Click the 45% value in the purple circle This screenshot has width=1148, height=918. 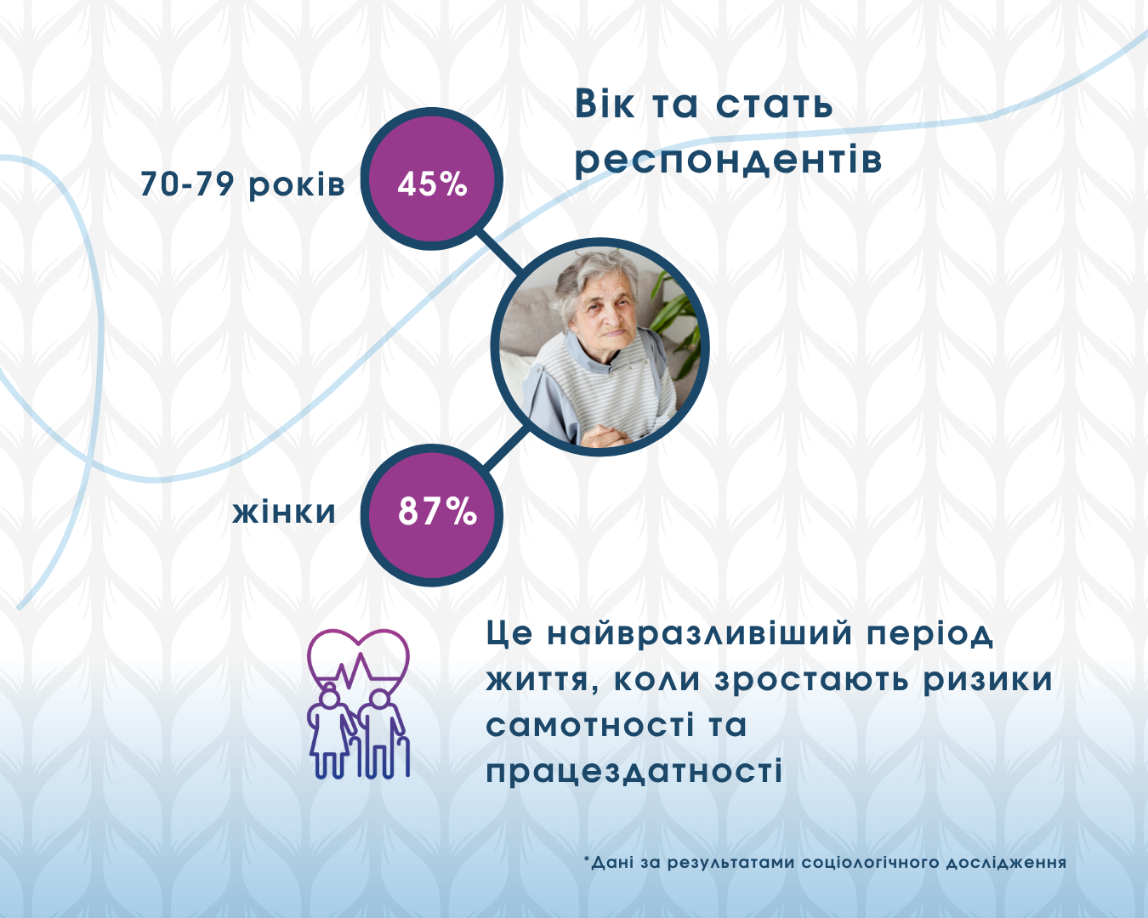click(x=432, y=184)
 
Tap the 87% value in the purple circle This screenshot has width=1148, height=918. click(x=437, y=511)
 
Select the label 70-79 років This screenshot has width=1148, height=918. click(x=242, y=184)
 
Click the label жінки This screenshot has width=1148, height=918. click(x=284, y=511)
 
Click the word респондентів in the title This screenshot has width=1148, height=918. click(x=729, y=159)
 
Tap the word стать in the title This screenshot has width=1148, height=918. click(x=774, y=105)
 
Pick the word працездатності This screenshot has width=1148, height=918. click(x=634, y=771)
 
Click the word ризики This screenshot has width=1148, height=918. click(x=988, y=680)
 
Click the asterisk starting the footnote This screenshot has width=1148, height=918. click(x=587, y=859)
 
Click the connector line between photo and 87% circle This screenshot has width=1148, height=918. click(x=507, y=447)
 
